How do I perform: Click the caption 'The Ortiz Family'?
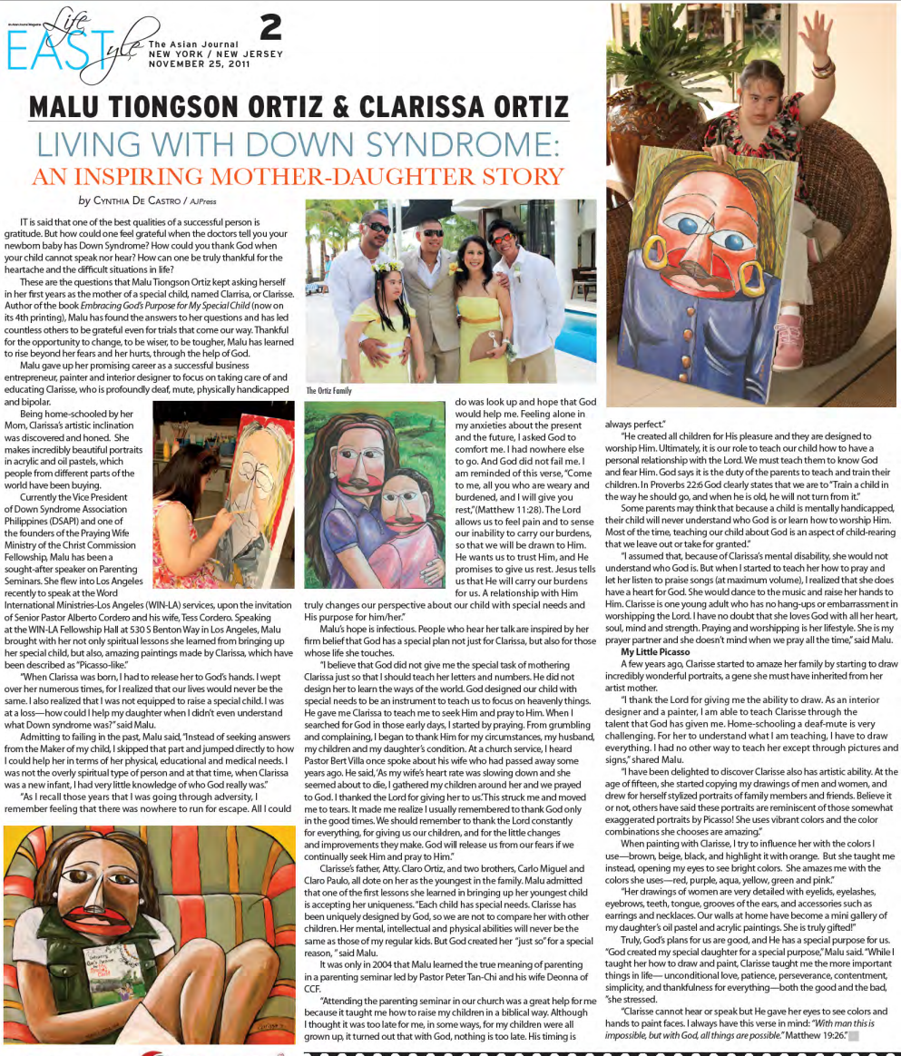pos(328,391)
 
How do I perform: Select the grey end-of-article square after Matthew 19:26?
pos(853,1034)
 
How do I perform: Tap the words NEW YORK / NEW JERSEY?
pos(216,54)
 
